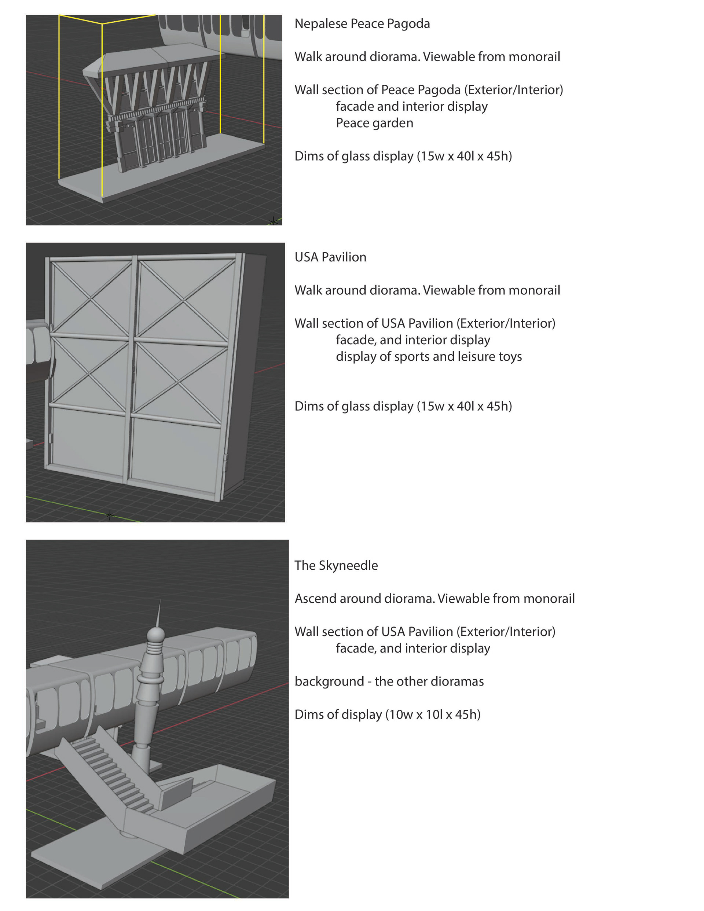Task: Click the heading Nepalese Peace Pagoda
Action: [x=362, y=24]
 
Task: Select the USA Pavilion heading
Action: [x=330, y=257]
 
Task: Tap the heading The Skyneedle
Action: [x=336, y=565]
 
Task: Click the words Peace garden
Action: [x=374, y=123]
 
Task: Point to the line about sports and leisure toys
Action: [x=429, y=357]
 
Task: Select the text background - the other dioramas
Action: [x=389, y=681]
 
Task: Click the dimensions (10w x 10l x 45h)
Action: [x=432, y=715]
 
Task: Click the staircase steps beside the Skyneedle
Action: [x=113, y=772]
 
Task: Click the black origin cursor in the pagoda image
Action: [x=273, y=221]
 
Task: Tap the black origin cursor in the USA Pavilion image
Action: [x=110, y=515]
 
